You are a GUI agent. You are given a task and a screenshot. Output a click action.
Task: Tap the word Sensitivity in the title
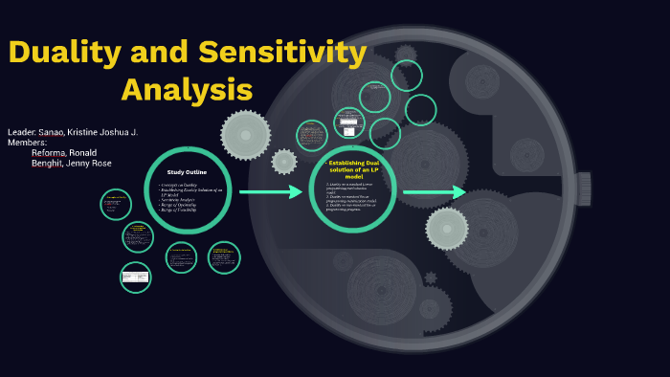click(286, 53)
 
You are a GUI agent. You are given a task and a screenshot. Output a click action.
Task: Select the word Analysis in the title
click(187, 90)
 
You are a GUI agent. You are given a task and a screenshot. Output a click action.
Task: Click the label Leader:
click(22, 131)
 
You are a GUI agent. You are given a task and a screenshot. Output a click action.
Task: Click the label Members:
click(27, 142)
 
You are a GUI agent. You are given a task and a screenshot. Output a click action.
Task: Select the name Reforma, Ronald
click(64, 152)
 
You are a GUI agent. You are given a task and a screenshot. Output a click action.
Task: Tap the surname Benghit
click(46, 163)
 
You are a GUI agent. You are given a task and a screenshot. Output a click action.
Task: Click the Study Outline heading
click(187, 171)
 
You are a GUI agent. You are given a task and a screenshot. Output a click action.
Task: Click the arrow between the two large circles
click(271, 192)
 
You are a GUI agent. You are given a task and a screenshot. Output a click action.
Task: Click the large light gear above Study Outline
click(245, 134)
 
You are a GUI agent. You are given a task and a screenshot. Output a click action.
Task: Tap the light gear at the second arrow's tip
click(447, 228)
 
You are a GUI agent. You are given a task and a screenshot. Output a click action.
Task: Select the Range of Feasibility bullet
click(178, 209)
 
